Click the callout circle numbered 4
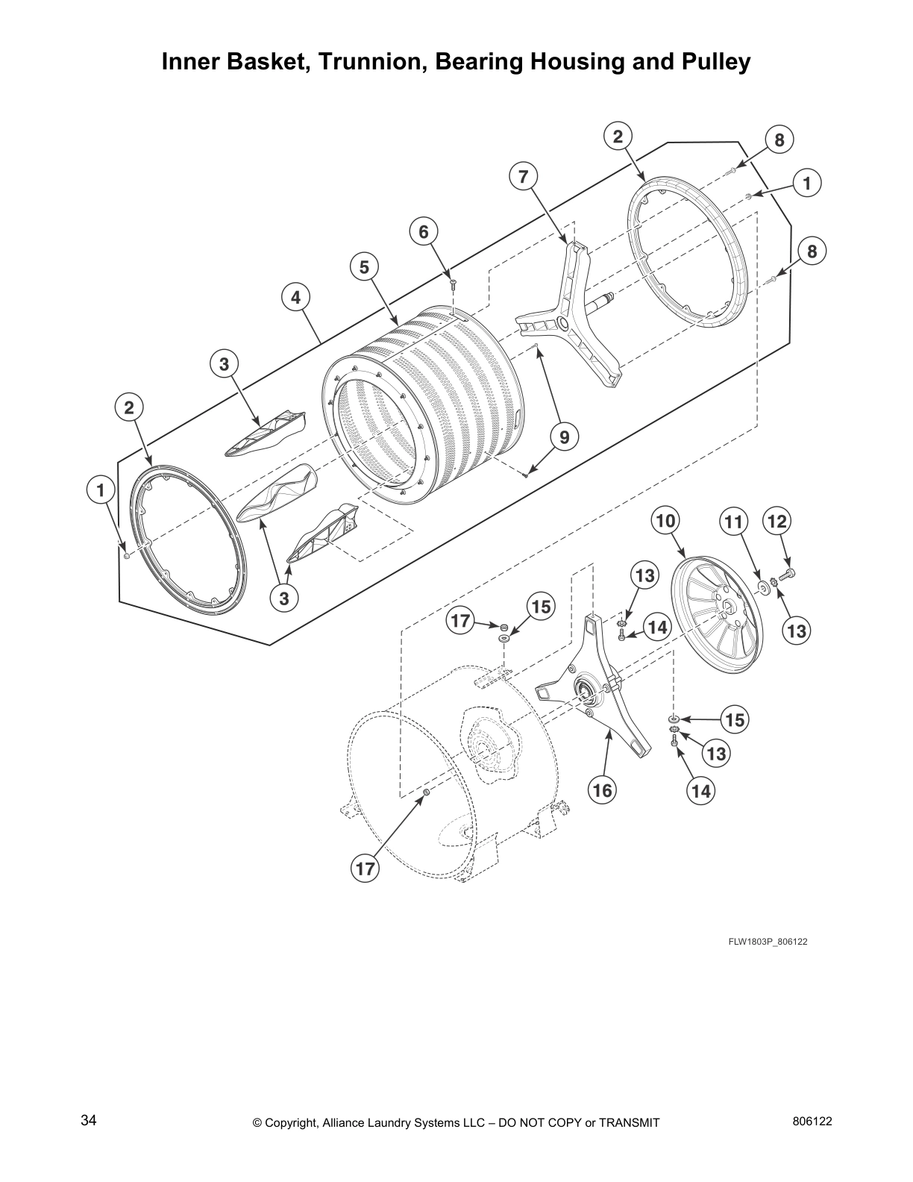point(295,297)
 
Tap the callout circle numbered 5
point(364,266)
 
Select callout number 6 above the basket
point(423,232)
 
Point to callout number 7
point(523,177)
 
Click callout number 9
point(564,437)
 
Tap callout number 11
point(734,522)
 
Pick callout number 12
point(776,521)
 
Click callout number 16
point(602,789)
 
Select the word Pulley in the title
point(712,62)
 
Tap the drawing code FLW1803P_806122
point(768,941)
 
